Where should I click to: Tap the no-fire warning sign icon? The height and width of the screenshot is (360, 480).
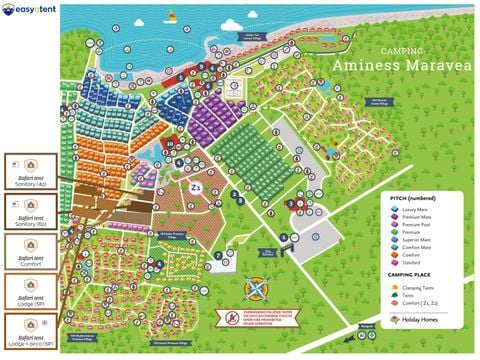[x=223, y=319]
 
